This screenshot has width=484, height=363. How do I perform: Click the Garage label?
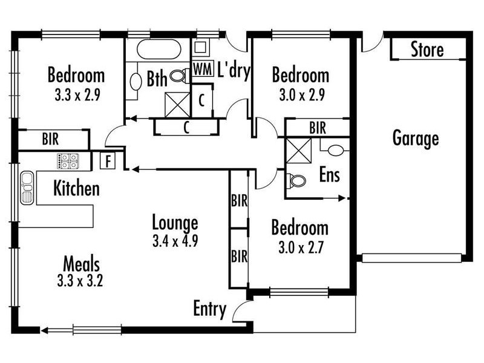[416, 139]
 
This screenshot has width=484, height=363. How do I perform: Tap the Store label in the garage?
[427, 50]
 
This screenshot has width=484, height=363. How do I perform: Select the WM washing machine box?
[203, 69]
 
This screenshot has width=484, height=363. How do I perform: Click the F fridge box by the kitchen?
[108, 160]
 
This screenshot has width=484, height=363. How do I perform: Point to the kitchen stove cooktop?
[68, 161]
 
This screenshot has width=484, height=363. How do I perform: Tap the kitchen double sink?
[27, 188]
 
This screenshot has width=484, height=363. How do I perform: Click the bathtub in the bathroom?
[159, 49]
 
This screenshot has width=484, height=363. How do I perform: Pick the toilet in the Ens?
[296, 181]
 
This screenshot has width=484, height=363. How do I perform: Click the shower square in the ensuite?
[299, 151]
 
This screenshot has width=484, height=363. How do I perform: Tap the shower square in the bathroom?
[177, 105]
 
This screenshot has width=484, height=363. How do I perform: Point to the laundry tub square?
[200, 47]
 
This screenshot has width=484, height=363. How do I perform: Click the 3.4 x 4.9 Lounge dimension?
[175, 241]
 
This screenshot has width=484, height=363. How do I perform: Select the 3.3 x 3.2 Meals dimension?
[80, 281]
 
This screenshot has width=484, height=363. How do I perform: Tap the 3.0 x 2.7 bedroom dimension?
[301, 247]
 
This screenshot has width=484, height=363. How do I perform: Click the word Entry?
[209, 309]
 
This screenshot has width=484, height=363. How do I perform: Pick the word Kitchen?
[77, 188]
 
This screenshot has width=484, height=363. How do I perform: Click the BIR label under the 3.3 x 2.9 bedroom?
[50, 139]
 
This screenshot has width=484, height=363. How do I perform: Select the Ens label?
[329, 175]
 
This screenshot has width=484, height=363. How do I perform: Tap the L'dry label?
[234, 71]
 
